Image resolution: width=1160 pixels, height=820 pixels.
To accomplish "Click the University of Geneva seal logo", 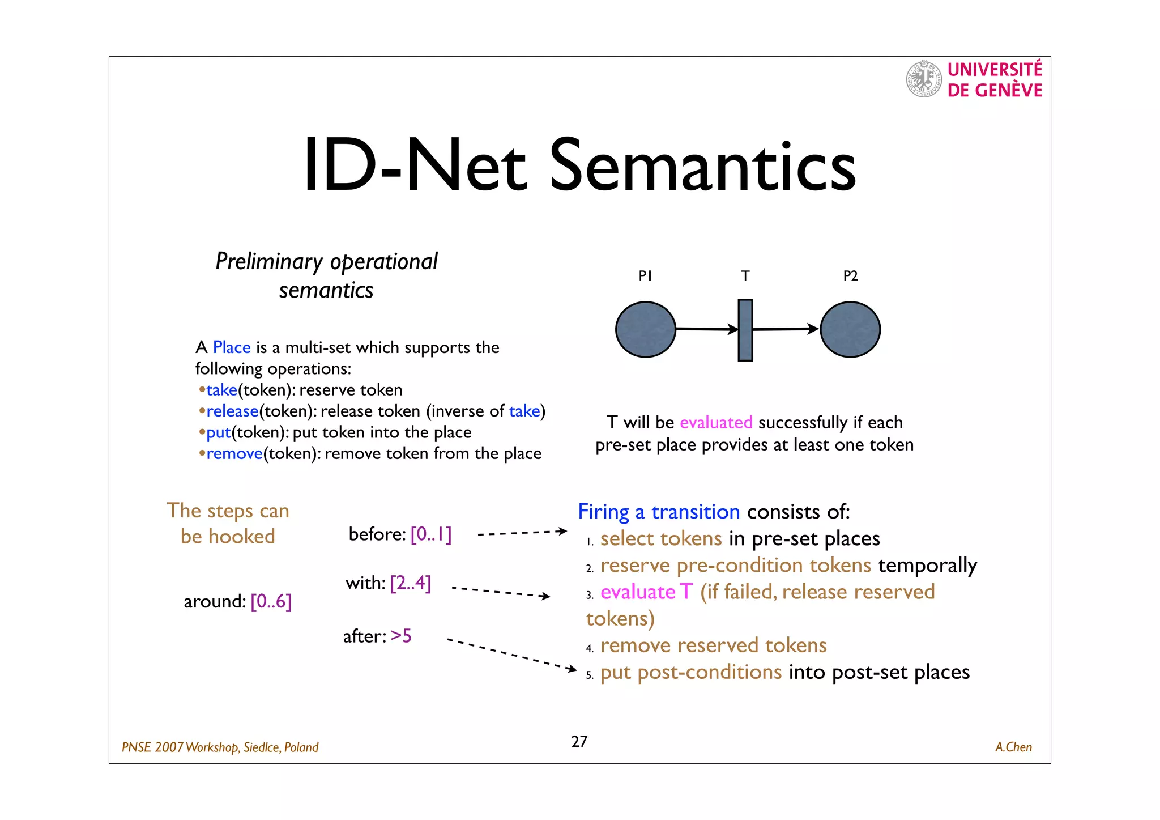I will [x=924, y=79].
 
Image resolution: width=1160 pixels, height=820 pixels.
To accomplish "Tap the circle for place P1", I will [x=646, y=329].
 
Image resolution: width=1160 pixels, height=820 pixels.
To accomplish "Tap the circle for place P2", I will [x=850, y=329].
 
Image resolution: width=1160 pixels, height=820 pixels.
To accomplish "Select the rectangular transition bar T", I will [x=745, y=330].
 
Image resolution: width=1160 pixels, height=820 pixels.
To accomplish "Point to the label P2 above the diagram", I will [x=850, y=276].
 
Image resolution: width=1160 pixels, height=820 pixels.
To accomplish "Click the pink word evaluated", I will [x=716, y=422].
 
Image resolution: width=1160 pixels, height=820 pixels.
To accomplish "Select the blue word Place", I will [x=232, y=347].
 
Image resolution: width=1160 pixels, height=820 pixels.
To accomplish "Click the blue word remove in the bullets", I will [x=234, y=453].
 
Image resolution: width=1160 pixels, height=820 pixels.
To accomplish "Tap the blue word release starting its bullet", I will [x=232, y=411].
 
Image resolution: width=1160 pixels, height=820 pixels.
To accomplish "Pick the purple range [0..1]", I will [x=431, y=534].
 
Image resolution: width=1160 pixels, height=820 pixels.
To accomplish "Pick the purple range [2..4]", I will [x=411, y=583].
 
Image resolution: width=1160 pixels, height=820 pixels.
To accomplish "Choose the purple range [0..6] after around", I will [x=271, y=601].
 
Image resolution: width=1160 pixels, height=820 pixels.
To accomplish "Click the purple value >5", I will [x=401, y=636].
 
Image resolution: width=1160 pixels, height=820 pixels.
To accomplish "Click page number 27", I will [x=579, y=741].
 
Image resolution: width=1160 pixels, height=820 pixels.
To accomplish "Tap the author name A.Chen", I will [x=1013, y=747].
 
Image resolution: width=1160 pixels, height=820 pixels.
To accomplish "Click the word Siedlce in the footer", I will [x=261, y=747].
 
